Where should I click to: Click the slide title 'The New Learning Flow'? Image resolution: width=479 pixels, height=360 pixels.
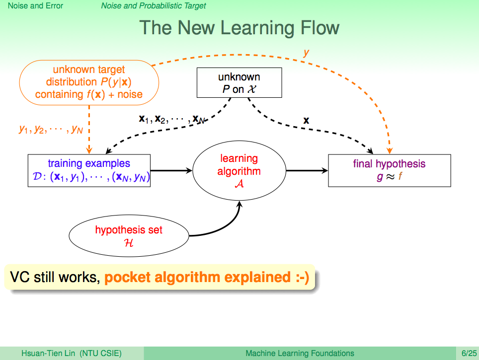click(239, 28)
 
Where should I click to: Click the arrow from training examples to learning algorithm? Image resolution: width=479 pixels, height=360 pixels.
click(171, 170)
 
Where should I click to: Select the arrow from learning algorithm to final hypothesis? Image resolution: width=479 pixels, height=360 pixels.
click(307, 170)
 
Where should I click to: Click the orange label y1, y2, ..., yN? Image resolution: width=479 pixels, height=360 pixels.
click(51, 129)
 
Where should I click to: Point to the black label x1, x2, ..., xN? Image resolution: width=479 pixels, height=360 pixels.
click(171, 119)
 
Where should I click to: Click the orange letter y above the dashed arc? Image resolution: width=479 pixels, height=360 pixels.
click(306, 53)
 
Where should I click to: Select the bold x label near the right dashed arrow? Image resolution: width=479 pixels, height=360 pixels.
click(306, 120)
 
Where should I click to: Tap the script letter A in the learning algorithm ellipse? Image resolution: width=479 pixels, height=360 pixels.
click(239, 184)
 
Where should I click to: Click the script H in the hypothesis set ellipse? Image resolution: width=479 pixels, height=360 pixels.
click(129, 243)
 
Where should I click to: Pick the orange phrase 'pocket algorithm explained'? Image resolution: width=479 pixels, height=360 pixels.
click(197, 277)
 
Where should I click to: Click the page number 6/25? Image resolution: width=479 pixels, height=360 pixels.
click(469, 353)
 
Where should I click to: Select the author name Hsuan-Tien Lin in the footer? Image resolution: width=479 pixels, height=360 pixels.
click(48, 353)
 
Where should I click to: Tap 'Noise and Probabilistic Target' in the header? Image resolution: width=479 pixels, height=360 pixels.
click(154, 6)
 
